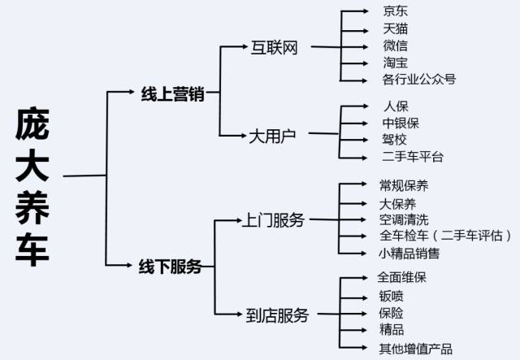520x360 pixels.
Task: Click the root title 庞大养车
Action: click(x=32, y=187)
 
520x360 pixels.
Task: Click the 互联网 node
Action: click(x=275, y=47)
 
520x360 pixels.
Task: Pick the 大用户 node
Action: click(x=272, y=135)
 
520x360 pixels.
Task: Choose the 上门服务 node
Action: click(x=275, y=220)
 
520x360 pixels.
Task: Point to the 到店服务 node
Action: click(x=277, y=314)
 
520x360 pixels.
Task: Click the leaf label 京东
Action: click(x=396, y=13)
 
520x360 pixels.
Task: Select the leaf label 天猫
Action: click(x=396, y=29)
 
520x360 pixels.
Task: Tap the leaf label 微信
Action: click(x=396, y=46)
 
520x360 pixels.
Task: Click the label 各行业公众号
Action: click(x=418, y=79)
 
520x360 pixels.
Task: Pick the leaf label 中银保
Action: click(x=401, y=123)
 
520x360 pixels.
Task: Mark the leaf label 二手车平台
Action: click(x=413, y=156)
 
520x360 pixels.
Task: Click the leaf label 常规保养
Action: click(x=404, y=186)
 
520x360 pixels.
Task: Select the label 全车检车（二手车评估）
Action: click(x=446, y=236)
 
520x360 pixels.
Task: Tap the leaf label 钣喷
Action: click(x=391, y=295)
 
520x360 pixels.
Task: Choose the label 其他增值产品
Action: click(x=416, y=349)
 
